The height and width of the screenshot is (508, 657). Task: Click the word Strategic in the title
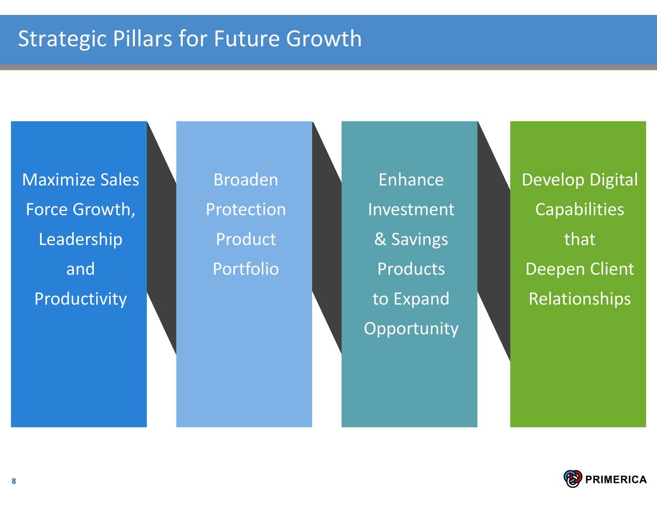(x=63, y=40)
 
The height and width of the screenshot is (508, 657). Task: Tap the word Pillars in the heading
(x=142, y=39)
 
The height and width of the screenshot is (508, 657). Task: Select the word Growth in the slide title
(x=324, y=39)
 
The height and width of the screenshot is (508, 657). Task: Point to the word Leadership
(x=81, y=240)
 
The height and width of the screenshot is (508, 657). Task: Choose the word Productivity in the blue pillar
(x=81, y=299)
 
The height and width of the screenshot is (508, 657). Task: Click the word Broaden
(x=245, y=180)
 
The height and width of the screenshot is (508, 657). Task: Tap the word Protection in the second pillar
(x=245, y=210)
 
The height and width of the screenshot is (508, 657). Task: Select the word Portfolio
(x=245, y=269)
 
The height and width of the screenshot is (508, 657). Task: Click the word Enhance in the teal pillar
(x=411, y=180)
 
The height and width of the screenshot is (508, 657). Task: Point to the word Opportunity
(x=411, y=329)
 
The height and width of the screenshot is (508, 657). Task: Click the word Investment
(x=411, y=210)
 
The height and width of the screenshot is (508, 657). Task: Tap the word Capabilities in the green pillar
(x=579, y=210)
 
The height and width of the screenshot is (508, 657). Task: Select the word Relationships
(x=579, y=299)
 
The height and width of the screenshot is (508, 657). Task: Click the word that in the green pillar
(x=579, y=239)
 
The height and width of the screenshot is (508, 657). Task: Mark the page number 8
(x=14, y=481)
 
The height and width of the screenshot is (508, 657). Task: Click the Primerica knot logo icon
(x=573, y=479)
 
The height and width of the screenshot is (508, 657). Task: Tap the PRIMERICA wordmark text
(x=616, y=480)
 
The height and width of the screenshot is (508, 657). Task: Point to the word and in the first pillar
(x=81, y=269)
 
